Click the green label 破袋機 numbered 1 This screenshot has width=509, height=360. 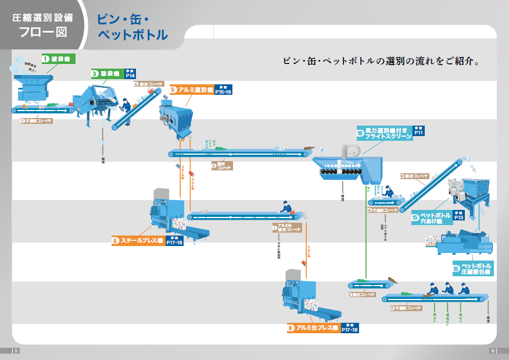(58, 59)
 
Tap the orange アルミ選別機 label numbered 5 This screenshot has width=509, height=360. (191, 90)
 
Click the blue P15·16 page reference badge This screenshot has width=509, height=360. (223, 90)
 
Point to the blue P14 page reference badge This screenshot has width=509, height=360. (130, 74)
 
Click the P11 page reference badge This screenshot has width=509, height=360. (419, 132)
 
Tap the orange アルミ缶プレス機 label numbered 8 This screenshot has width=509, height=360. (313, 328)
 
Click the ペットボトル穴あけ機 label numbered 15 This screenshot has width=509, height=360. (431, 219)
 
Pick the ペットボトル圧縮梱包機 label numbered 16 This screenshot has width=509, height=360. (473, 269)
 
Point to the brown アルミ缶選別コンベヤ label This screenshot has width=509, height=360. (287, 227)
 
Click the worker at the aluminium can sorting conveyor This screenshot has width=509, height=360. (285, 207)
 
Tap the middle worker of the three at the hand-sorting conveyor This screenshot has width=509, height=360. (447, 288)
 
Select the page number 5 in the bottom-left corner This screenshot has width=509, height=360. (16, 350)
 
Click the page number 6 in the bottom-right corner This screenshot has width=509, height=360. (493, 350)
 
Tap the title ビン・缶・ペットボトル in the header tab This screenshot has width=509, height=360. (133, 27)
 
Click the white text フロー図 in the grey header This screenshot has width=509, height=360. (42, 33)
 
